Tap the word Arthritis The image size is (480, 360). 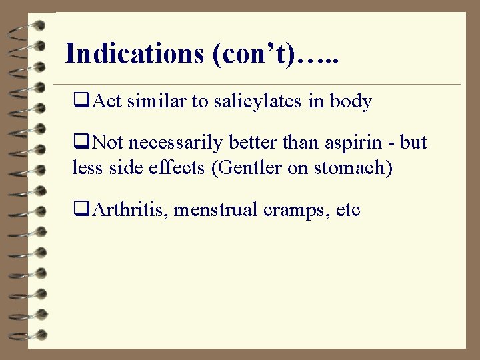tap(131, 210)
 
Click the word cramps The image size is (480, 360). tap(291, 210)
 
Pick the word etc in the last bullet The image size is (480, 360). tap(348, 210)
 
